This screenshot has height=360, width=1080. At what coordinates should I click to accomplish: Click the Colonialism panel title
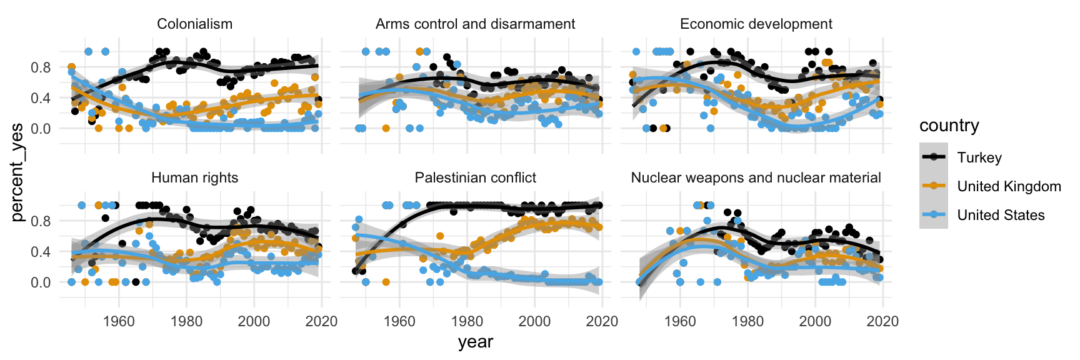(x=194, y=24)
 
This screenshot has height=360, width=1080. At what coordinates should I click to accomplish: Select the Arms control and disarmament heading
(x=475, y=24)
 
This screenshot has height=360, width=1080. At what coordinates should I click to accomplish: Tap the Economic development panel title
(x=756, y=24)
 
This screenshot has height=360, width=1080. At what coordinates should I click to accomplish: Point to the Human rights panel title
(x=194, y=178)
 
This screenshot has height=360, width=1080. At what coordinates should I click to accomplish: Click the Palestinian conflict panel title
(x=475, y=178)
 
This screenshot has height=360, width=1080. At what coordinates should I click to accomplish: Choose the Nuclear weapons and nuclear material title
(x=756, y=178)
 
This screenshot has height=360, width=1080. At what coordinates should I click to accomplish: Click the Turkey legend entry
(x=979, y=157)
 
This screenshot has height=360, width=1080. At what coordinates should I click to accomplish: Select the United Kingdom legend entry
(x=1009, y=186)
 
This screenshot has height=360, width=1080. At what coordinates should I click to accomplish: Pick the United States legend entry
(x=1001, y=215)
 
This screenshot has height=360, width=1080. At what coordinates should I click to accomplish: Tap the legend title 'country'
(x=949, y=126)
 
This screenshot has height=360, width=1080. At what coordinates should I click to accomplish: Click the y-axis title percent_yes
(x=17, y=172)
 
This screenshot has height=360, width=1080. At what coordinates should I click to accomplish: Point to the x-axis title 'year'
(x=475, y=342)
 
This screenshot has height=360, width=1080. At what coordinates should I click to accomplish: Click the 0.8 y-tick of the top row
(x=41, y=67)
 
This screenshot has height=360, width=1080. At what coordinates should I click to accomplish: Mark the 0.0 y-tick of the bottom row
(x=41, y=282)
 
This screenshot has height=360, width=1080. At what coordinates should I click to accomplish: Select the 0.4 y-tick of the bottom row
(x=41, y=252)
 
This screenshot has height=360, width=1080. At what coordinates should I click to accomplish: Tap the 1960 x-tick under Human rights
(x=119, y=321)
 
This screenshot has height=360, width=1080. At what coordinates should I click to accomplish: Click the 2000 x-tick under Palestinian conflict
(x=534, y=321)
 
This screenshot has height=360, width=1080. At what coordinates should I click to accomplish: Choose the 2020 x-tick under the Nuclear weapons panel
(x=882, y=321)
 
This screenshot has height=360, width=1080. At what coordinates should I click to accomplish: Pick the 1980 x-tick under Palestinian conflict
(x=467, y=321)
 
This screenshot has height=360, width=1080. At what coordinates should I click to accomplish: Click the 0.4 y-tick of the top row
(x=41, y=98)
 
